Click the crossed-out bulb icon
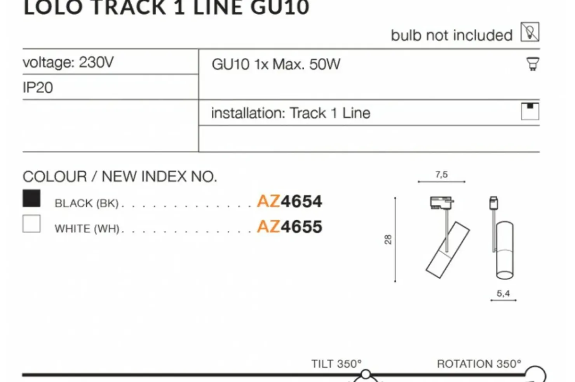[x=530, y=32]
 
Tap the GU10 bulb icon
[x=533, y=64]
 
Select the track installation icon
[x=530, y=111]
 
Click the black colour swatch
[x=31, y=198]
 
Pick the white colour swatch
[x=31, y=223]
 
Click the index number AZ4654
[x=289, y=201]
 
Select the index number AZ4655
[x=289, y=226]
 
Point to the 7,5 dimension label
[x=441, y=175]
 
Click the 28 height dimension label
[x=388, y=240]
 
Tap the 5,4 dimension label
[x=503, y=293]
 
